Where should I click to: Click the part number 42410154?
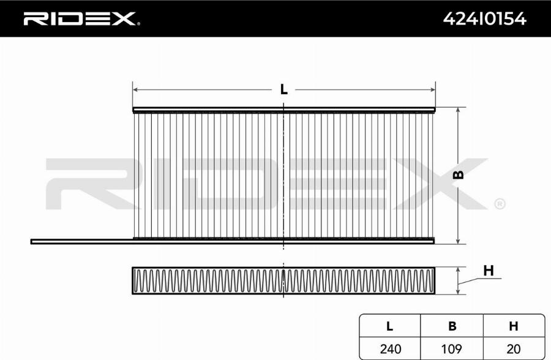(x=485, y=18)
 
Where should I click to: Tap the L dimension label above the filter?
(x=283, y=89)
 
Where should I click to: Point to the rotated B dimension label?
(x=458, y=174)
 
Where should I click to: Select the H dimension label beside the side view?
(x=489, y=271)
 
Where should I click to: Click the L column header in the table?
(x=389, y=326)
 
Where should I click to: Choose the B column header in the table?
(x=452, y=326)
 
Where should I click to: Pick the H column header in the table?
(x=514, y=326)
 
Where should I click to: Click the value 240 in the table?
(x=391, y=349)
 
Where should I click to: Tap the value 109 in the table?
(x=452, y=349)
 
